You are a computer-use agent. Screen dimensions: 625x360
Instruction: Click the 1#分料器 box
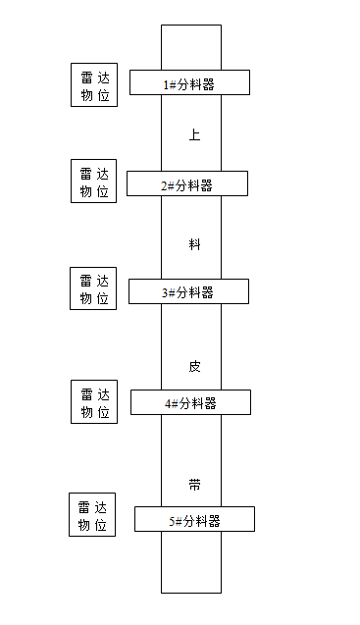(x=188, y=83)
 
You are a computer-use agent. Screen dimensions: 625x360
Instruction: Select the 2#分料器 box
(x=186, y=183)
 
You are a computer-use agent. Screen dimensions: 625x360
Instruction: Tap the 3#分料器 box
(x=188, y=291)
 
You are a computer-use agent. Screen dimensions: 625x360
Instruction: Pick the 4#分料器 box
(x=190, y=402)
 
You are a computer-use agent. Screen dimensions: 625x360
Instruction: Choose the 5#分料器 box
(x=194, y=519)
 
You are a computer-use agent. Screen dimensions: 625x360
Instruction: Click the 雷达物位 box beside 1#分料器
(x=94, y=85)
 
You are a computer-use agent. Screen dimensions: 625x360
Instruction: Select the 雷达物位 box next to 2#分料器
(x=94, y=182)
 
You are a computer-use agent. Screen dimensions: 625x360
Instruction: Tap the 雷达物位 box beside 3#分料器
(x=94, y=288)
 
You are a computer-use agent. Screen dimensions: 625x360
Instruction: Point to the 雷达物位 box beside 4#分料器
(x=94, y=401)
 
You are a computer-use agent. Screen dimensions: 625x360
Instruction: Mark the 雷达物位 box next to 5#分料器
(x=91, y=515)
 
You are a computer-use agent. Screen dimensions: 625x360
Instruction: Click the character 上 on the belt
(x=194, y=135)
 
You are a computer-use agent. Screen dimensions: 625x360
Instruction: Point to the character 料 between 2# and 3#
(x=194, y=244)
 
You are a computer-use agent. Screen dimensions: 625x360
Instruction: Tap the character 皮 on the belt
(x=194, y=365)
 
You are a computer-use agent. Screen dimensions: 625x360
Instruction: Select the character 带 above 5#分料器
(x=194, y=485)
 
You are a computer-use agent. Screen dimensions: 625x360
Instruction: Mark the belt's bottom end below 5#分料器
(x=191, y=563)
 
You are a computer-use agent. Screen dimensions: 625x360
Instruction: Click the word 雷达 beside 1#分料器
(x=94, y=77)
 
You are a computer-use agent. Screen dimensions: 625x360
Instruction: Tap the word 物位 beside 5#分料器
(x=91, y=525)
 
